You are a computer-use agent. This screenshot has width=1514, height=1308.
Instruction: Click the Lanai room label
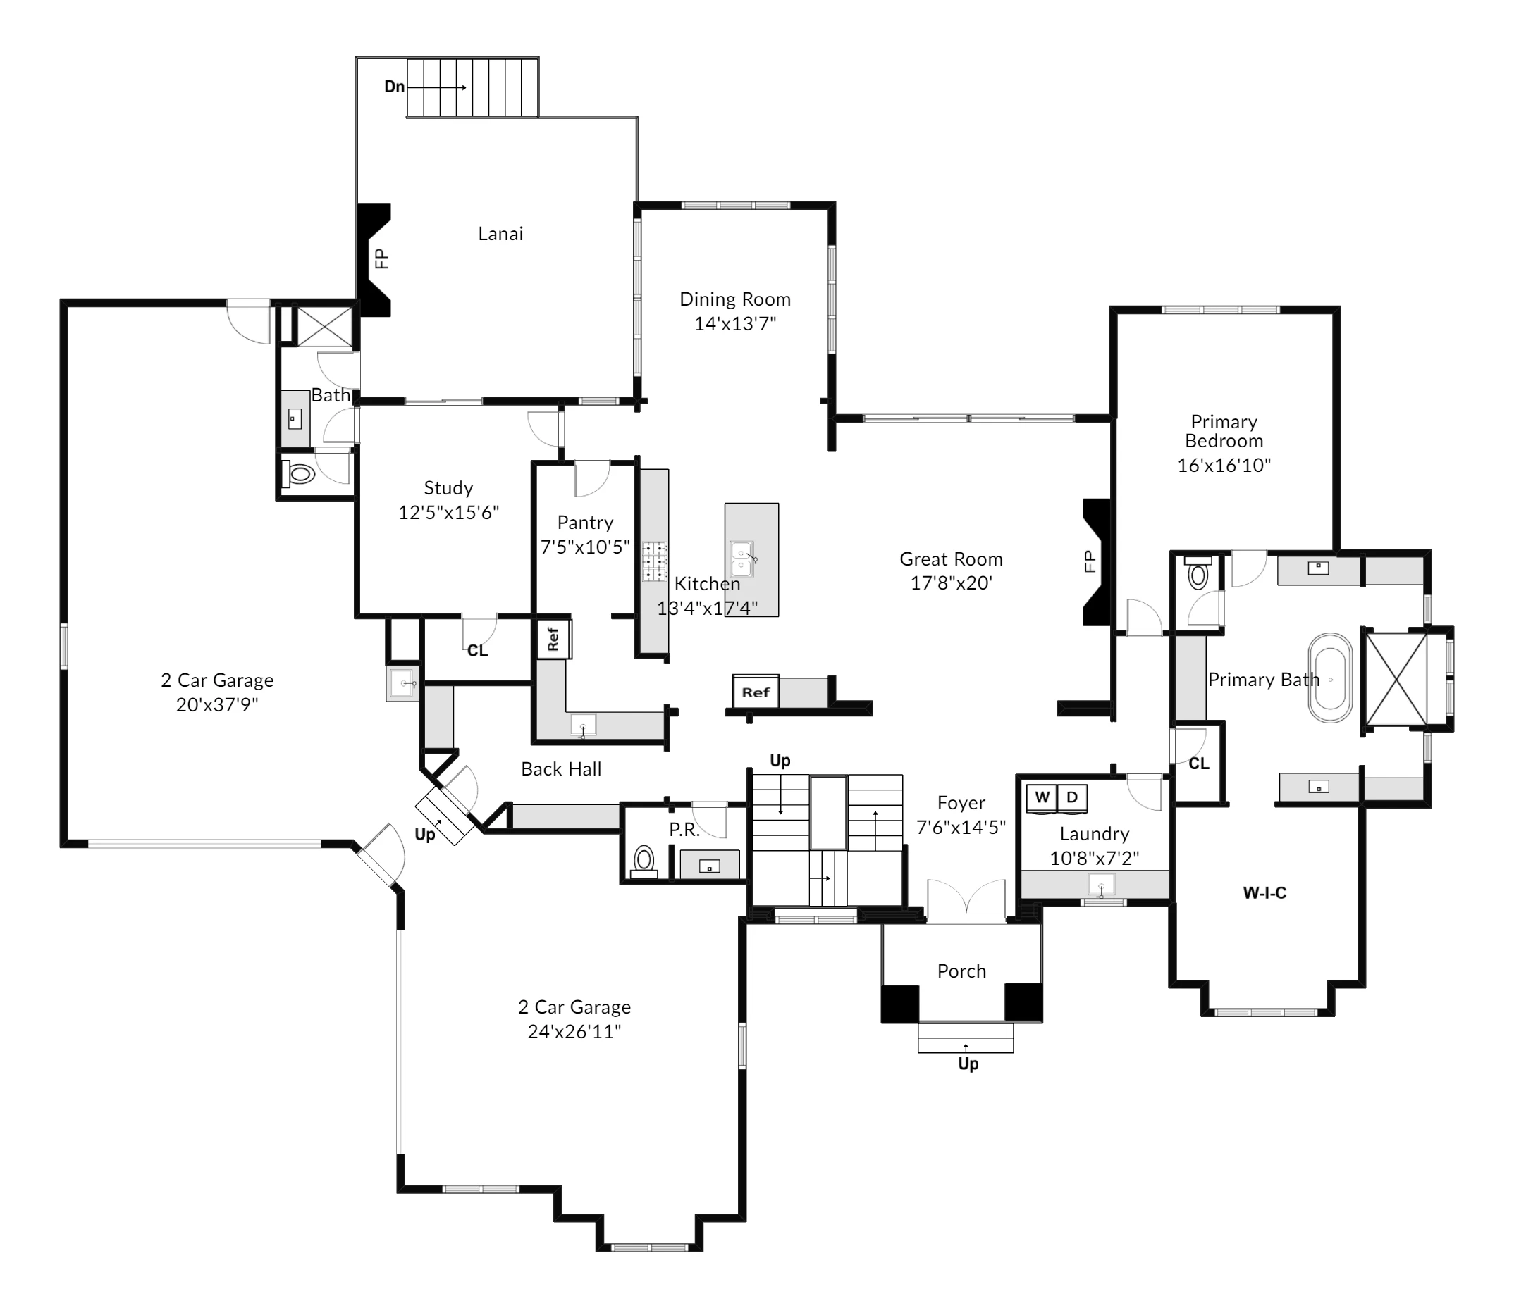point(500,234)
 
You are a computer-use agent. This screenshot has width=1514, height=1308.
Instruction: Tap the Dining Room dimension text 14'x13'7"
point(735,323)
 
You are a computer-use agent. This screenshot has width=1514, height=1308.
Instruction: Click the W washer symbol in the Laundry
point(1042,797)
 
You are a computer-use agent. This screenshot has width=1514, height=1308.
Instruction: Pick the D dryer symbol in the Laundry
point(1072,797)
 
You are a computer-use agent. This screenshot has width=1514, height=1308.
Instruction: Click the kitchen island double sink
point(742,559)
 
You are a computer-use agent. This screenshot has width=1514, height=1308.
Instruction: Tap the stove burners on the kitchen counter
point(655,561)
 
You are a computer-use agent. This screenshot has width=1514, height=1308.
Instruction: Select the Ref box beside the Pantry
point(553,639)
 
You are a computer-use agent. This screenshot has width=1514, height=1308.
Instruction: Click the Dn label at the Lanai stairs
point(395,87)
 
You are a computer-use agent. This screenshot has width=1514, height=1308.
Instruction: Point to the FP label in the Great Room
point(1090,561)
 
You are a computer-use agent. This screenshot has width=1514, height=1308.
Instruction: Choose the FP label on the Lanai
point(381,259)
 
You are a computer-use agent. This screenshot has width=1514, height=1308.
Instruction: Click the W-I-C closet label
point(1264,892)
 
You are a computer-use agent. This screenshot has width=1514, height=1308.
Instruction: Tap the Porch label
point(961,971)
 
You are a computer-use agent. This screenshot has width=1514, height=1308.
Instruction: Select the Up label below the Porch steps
point(968,1064)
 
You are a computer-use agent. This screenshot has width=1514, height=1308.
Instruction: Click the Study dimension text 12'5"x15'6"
point(449,512)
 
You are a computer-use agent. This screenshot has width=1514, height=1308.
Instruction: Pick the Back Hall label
point(561,768)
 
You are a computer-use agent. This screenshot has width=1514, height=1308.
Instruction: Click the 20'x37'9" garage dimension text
point(217,704)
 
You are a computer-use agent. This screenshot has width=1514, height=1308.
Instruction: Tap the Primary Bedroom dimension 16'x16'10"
point(1224,465)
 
